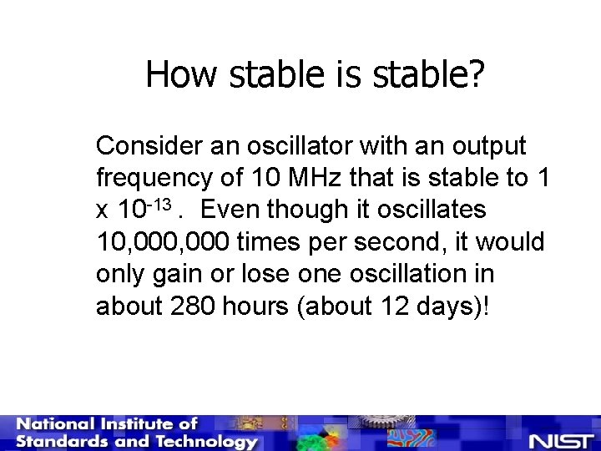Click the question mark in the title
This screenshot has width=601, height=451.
pyautogui.click(x=476, y=75)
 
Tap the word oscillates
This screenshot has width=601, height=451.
pyautogui.click(x=438, y=210)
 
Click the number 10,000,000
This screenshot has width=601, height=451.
pyautogui.click(x=164, y=242)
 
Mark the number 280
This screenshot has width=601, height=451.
pyautogui.click(x=193, y=307)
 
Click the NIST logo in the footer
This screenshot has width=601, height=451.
pyautogui.click(x=560, y=439)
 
